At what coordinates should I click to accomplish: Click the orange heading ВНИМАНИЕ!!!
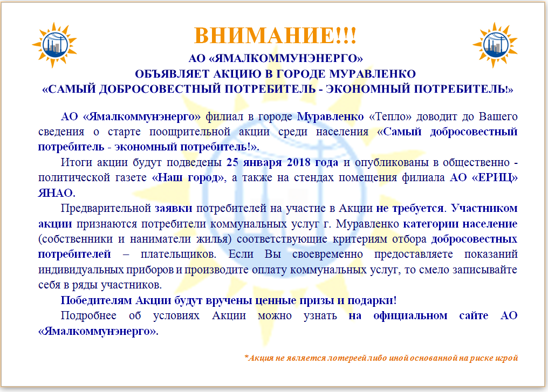click(x=275, y=36)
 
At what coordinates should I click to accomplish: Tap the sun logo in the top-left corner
click(x=54, y=45)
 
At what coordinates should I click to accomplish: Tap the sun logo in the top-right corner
click(x=495, y=45)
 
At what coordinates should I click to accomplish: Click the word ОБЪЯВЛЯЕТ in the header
click(x=172, y=74)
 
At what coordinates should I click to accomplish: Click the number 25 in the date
click(x=232, y=162)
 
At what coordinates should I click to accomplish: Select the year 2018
click(x=299, y=162)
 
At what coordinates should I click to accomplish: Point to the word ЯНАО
click(x=56, y=193)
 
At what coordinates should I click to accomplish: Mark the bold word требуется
click(x=417, y=209)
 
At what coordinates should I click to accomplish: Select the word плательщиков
click(x=178, y=255)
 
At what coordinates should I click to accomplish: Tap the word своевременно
click(x=327, y=255)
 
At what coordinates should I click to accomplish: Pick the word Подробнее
click(x=88, y=316)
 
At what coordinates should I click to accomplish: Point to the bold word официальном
click(x=410, y=316)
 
